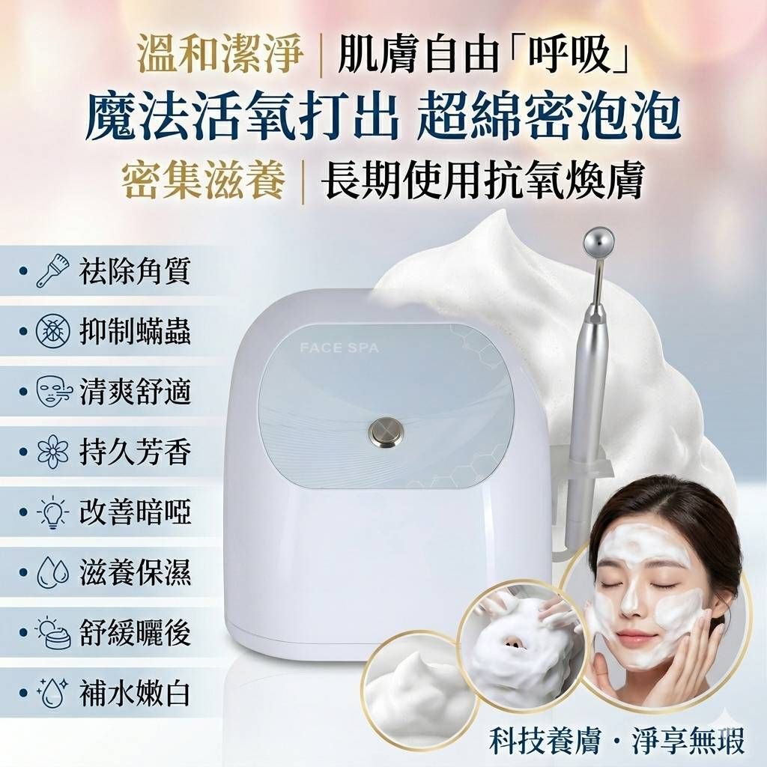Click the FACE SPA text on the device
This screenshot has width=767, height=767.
(x=339, y=348)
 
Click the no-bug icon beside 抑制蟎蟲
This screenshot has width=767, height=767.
(x=51, y=332)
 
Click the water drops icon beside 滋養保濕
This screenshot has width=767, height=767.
(x=52, y=572)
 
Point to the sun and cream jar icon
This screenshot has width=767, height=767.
(x=54, y=632)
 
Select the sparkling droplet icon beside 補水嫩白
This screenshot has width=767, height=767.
(x=52, y=693)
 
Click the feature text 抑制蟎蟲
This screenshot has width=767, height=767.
(x=135, y=332)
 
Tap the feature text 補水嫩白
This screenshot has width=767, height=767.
(x=135, y=693)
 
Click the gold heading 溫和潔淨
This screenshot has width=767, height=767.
(x=220, y=57)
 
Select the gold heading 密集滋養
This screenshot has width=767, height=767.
(x=203, y=181)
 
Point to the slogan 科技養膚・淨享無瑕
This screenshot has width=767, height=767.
(x=617, y=741)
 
